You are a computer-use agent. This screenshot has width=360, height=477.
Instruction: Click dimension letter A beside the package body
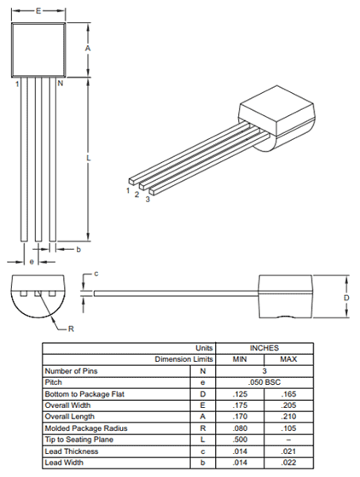[x=89, y=49]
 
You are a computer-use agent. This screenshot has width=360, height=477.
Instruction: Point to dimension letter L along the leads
[x=89, y=160]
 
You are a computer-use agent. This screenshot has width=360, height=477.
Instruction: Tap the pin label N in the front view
[x=60, y=84]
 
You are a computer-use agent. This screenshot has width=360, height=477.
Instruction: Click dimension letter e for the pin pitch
[x=32, y=261]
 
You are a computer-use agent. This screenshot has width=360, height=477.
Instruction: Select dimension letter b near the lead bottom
[x=78, y=249]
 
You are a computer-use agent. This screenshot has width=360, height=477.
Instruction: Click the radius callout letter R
[x=72, y=328]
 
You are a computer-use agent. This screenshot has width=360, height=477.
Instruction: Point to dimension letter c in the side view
[x=96, y=274]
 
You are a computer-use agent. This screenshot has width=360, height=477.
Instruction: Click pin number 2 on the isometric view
[x=136, y=195]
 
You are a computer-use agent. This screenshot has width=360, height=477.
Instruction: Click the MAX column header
[x=288, y=359]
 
